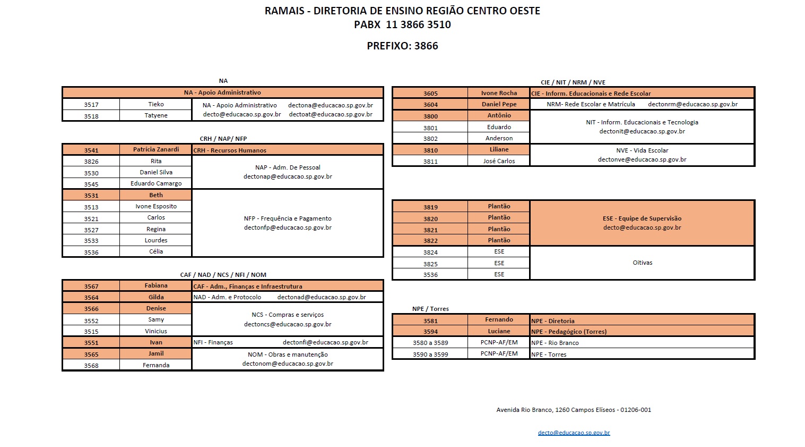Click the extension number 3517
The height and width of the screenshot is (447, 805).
point(91,105)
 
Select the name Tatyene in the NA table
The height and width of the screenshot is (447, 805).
point(156,115)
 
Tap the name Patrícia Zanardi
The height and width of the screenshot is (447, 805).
point(156,150)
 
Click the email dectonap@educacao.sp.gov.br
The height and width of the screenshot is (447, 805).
point(288,176)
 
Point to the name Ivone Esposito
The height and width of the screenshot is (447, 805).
point(156,206)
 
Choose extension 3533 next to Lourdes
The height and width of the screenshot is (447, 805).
point(91,241)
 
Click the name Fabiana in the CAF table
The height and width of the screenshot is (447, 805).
point(156,286)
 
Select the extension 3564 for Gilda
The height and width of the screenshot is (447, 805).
point(91,298)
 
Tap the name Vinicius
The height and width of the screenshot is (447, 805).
point(156,331)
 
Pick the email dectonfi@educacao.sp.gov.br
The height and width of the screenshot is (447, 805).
point(325,343)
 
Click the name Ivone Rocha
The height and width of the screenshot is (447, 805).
point(499,94)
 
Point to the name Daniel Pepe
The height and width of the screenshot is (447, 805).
point(499,105)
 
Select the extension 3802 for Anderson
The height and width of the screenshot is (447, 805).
point(430,139)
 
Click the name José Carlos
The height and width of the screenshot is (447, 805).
point(499,161)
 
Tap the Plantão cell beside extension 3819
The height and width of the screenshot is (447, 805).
point(499,206)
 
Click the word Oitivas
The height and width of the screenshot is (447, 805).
point(642,263)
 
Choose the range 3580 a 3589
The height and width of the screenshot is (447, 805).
point(430,343)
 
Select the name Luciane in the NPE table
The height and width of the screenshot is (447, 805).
point(499,331)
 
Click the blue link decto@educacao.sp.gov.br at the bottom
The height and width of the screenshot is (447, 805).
point(574,433)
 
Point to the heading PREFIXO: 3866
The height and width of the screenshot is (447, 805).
point(402,46)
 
